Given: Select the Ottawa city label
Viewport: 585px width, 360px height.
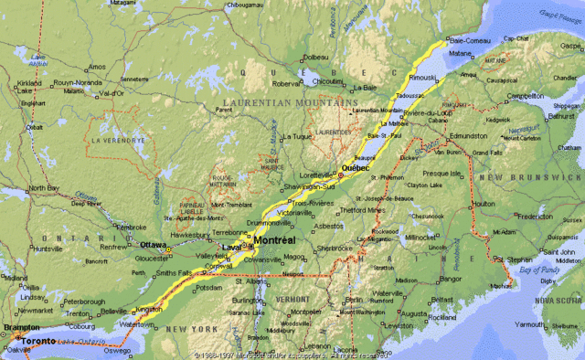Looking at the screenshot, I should click(153, 245).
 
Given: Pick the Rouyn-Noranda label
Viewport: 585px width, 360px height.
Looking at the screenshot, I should click(76, 84).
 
